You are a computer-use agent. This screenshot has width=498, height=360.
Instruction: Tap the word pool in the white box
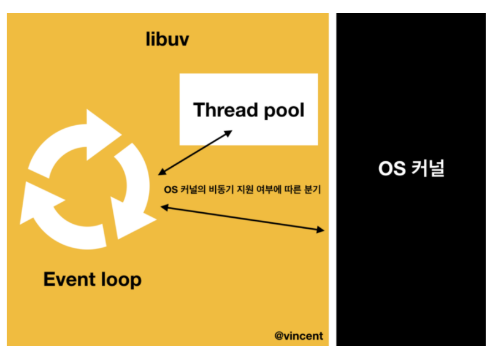coord(283,110)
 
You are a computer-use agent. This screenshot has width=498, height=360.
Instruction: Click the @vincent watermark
coord(298,335)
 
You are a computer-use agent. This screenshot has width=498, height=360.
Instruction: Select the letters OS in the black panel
coord(391,168)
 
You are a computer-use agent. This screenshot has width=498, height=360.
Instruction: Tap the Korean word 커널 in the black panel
coord(427,168)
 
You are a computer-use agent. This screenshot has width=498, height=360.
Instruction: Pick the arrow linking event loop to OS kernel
coord(242,219)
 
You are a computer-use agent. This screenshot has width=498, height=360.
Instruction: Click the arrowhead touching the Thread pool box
coord(228,132)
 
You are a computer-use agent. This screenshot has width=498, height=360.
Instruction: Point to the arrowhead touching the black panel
coord(320,230)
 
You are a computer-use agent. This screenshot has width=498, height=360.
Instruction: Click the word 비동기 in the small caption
coord(223,190)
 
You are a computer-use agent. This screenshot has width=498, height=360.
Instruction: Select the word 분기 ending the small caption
coord(313,190)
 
